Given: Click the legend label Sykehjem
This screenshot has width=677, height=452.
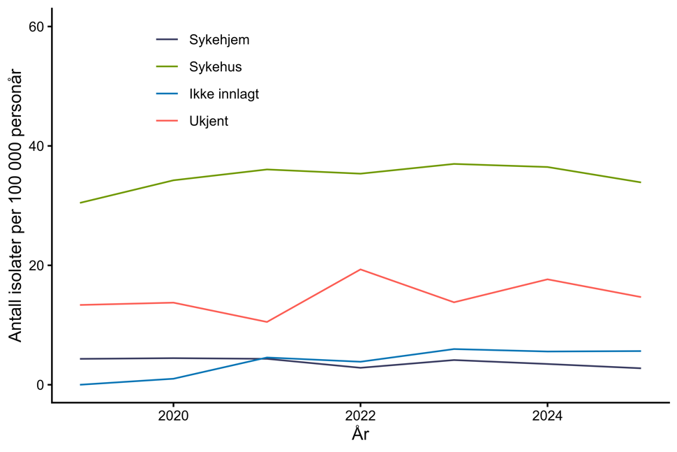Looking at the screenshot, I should [x=218, y=40].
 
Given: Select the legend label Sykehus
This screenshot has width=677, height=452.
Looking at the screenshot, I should [x=215, y=67].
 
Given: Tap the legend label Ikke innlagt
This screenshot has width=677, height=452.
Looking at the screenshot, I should [x=223, y=94].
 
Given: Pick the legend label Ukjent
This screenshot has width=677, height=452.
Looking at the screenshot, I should [x=209, y=122].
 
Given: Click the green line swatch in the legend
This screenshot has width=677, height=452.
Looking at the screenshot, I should [x=168, y=67].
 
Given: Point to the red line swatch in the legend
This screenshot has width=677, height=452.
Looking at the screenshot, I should [x=168, y=122].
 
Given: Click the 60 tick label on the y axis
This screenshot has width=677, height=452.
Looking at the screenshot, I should [x=36, y=27].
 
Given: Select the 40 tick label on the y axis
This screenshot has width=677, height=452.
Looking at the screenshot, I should [x=36, y=146].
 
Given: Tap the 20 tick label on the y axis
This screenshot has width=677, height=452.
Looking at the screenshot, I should [x=36, y=265].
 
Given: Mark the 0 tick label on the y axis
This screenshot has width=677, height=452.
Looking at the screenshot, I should [x=40, y=385].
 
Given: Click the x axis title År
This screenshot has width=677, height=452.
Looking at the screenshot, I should [x=360, y=435].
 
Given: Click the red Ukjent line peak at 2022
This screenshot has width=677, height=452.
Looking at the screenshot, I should [x=360, y=269].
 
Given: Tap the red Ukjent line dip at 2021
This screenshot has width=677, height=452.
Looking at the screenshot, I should [x=267, y=322].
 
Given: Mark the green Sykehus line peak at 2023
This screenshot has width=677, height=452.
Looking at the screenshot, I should [x=454, y=163].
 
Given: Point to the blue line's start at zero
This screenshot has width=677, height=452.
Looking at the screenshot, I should [x=80, y=384].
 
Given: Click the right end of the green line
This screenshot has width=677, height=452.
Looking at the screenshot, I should [x=641, y=182].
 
